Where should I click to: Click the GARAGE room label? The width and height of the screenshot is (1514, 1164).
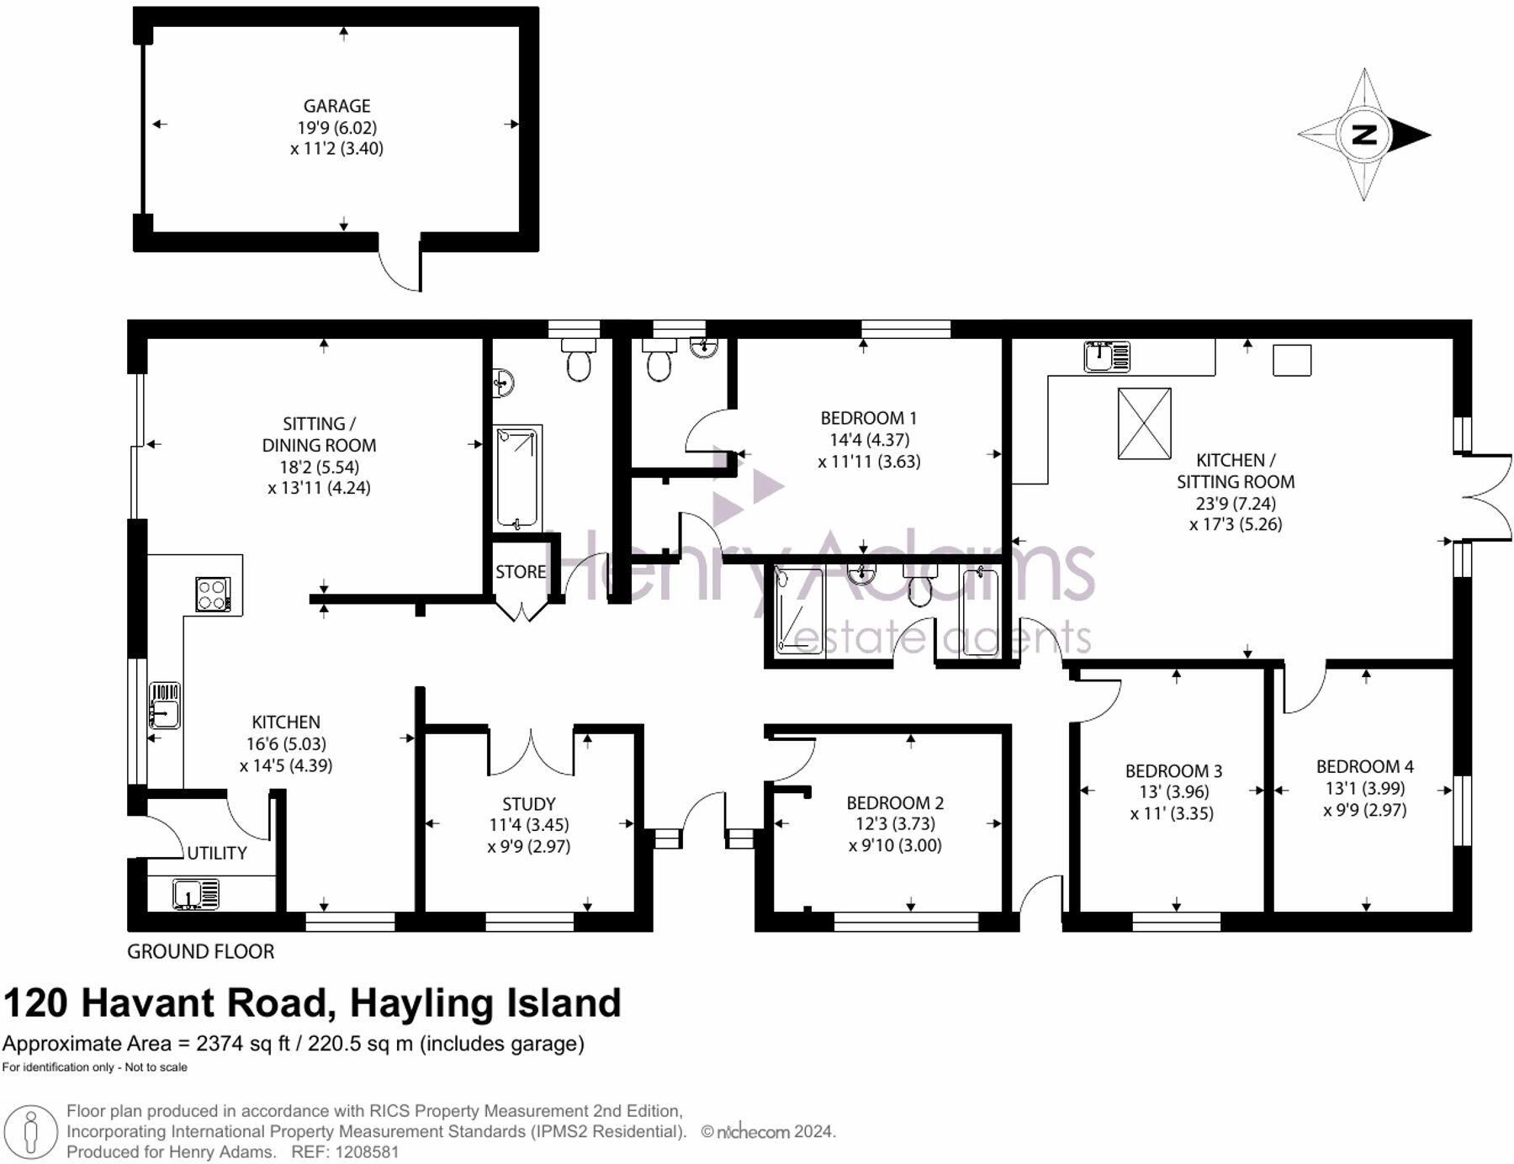click(336, 106)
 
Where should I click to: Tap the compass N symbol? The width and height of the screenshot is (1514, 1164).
click(1363, 135)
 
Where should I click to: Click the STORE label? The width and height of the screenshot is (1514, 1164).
click(520, 572)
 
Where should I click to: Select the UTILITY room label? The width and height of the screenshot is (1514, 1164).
click(216, 853)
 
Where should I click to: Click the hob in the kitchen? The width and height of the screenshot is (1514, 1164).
click(213, 594)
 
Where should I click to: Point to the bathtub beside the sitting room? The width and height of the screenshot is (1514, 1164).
click(516, 479)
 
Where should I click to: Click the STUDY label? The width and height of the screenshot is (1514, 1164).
click(528, 803)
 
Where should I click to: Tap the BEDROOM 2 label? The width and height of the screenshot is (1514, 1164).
click(894, 802)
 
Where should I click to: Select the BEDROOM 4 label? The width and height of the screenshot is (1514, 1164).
click(1364, 766)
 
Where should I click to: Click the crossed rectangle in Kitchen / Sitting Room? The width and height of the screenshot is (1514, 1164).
click(1144, 423)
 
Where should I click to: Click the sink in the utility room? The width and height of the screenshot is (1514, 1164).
click(195, 893)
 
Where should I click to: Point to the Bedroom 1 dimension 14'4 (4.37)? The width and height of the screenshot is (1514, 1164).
click(869, 440)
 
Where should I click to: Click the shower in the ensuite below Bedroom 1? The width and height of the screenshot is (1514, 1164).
click(797, 611)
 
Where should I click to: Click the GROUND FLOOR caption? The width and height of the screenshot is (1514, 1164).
click(200, 951)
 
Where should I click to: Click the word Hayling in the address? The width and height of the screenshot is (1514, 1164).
click(421, 1003)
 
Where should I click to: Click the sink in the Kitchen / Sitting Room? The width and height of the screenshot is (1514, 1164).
click(1106, 357)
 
